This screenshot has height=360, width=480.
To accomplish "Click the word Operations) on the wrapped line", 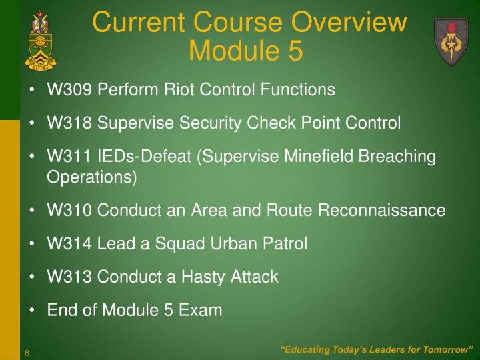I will coord(91,177).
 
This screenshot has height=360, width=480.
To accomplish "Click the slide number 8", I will coord(27,352).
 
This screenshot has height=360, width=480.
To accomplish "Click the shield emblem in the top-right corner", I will coord(451,41).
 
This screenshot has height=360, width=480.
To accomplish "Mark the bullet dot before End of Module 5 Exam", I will coord(33,311).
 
